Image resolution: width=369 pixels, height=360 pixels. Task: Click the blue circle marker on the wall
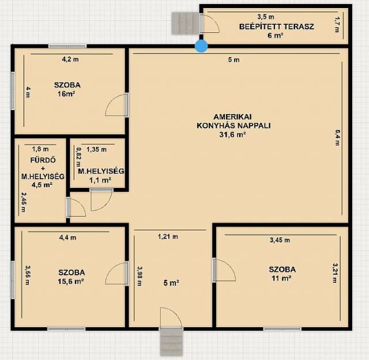point(201,46)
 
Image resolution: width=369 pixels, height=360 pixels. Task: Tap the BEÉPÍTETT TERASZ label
point(277,26)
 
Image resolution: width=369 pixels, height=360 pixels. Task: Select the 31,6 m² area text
point(233,135)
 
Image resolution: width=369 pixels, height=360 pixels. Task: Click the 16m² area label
point(66,94)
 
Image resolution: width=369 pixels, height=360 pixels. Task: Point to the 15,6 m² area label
point(71,282)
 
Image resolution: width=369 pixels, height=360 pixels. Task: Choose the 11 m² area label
point(282,278)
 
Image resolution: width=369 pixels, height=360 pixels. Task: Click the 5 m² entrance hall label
point(171,283)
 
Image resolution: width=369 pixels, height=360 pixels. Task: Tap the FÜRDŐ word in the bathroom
point(43,160)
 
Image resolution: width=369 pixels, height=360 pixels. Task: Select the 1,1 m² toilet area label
point(100,180)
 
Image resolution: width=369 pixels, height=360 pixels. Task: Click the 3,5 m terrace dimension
point(266,17)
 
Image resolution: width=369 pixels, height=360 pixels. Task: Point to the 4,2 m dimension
point(70,59)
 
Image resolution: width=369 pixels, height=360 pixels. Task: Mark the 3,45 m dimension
point(280,240)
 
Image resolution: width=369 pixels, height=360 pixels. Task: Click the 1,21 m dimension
point(168,237)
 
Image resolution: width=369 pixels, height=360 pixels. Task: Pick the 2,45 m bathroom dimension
point(24,202)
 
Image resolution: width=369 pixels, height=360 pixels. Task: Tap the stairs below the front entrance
point(172,342)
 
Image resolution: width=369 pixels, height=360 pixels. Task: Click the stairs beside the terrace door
point(185,23)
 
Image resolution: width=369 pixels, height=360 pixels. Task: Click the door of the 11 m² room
point(224,270)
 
